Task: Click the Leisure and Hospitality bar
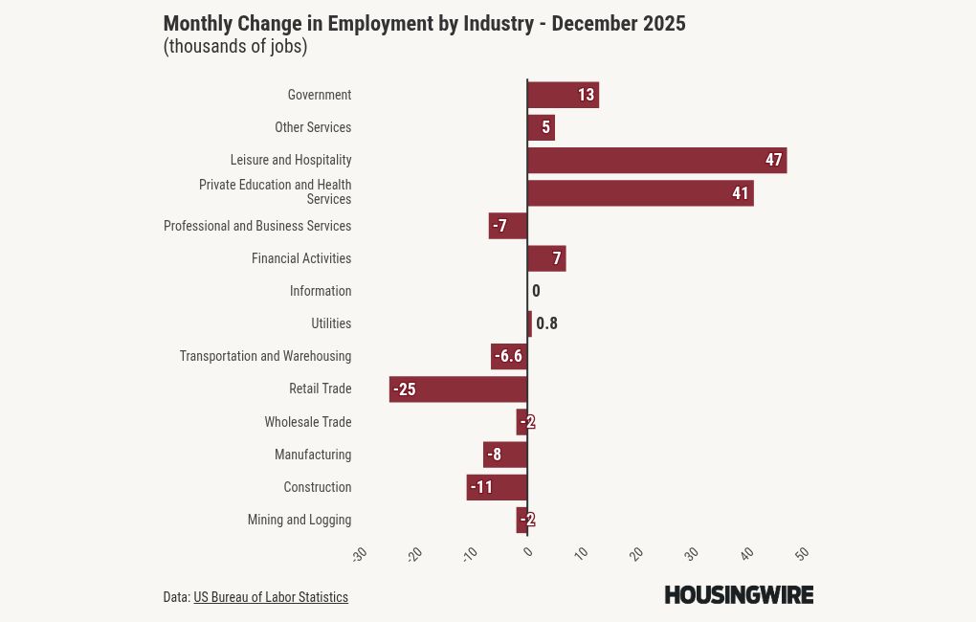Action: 656,160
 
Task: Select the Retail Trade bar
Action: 457,389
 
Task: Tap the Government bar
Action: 563,95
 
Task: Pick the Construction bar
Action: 497,487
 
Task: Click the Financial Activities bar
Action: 546,258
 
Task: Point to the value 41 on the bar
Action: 740,193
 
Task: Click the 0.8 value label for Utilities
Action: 546,323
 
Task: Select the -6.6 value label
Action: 508,357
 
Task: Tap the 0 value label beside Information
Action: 536,291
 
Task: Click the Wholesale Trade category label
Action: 307,422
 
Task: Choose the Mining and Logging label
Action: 299,520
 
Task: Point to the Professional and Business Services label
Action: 257,226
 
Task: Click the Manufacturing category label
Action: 312,455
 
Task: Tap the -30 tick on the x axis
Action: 360,554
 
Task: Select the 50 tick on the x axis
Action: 803,554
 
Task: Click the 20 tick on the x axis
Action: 636,554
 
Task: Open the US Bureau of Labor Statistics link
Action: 271,597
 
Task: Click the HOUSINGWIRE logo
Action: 739,594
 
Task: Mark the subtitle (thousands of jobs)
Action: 235,47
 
